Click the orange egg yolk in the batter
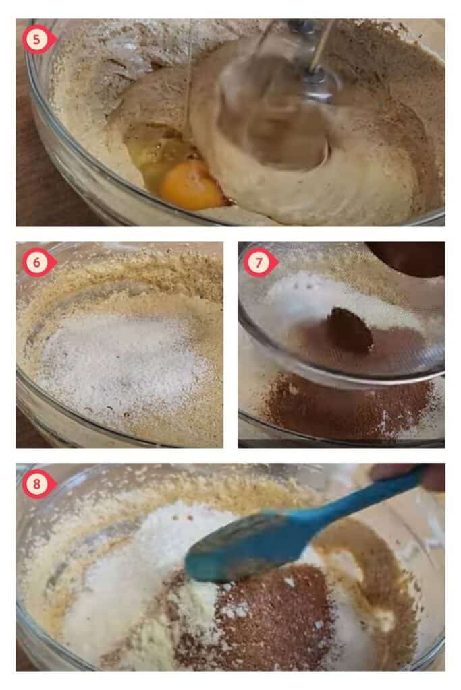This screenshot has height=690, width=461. (191, 185)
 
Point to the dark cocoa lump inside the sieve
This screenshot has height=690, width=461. (351, 330)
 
